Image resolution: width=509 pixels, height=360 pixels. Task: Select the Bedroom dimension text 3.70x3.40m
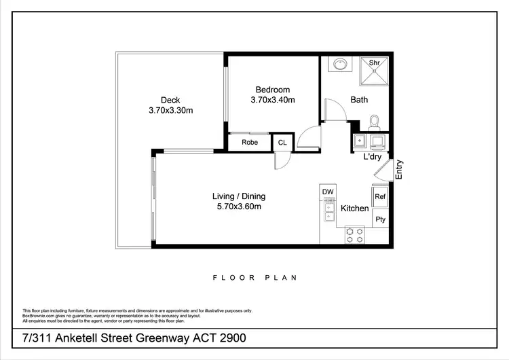click(x=272, y=101)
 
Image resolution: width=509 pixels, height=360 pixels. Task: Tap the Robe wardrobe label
click(x=249, y=143)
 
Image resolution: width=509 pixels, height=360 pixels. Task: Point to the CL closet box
click(x=282, y=143)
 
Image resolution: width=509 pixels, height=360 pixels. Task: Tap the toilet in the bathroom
click(x=374, y=122)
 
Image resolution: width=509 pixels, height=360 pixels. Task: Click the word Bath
click(x=359, y=100)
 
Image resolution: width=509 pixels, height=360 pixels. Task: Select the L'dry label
click(x=374, y=157)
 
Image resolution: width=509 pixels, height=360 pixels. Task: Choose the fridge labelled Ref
click(x=380, y=197)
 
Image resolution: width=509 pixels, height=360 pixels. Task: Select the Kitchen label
click(x=354, y=209)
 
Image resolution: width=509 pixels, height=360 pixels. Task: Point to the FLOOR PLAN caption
click(x=254, y=277)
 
